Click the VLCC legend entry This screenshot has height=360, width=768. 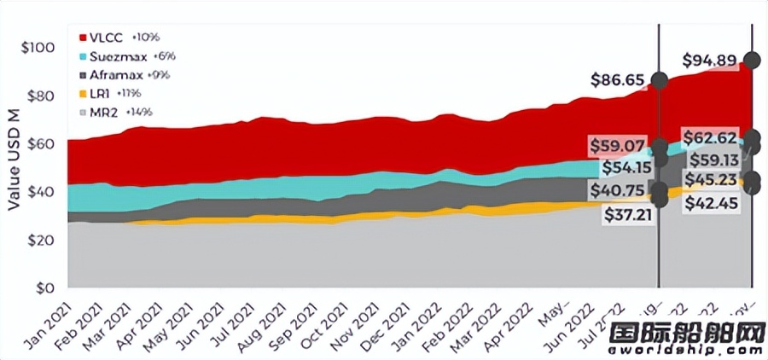pyautogui.click(x=108, y=38)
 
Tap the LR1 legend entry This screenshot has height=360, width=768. pyautogui.click(x=101, y=93)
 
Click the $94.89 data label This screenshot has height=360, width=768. pyautogui.click(x=710, y=61)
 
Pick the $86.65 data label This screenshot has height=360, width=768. pyautogui.click(x=618, y=80)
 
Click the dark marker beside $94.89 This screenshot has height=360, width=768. pyautogui.click(x=752, y=60)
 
